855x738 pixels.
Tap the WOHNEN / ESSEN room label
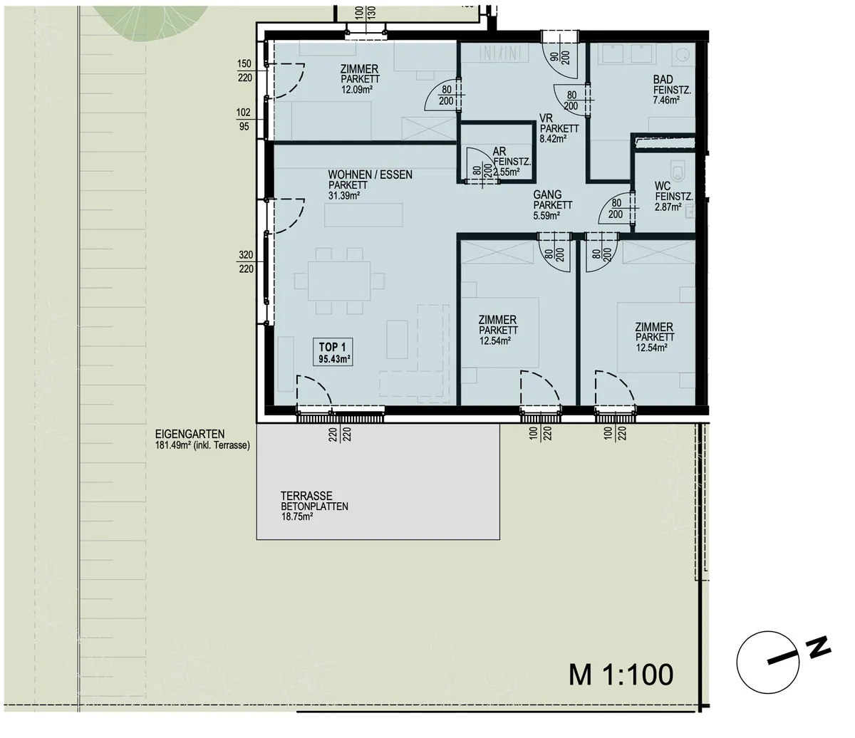(x=370, y=175)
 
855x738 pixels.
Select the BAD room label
(x=663, y=79)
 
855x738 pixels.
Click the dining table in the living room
(x=338, y=281)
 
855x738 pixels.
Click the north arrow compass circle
(x=768, y=662)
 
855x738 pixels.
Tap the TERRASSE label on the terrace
(x=306, y=496)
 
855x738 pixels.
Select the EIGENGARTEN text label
(x=190, y=435)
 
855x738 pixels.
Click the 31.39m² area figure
(x=344, y=195)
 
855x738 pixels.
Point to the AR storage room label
(x=499, y=152)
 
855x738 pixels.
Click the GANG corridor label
(x=547, y=194)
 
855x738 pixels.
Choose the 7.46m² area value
(x=667, y=100)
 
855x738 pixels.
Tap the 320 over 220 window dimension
(x=246, y=262)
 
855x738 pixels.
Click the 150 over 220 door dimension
(x=244, y=71)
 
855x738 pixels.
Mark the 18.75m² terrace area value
(x=296, y=516)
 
